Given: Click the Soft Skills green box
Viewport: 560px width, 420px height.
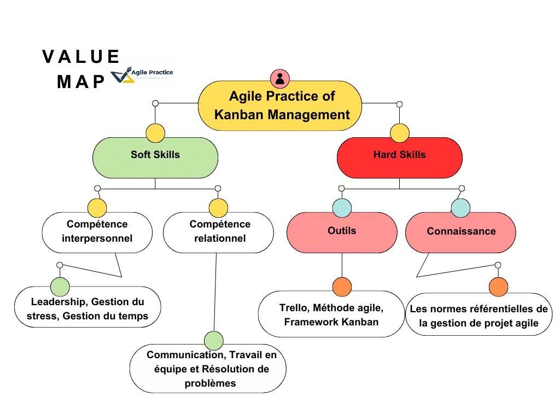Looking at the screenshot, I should click(155, 157).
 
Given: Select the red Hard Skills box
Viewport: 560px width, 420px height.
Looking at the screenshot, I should click(399, 157).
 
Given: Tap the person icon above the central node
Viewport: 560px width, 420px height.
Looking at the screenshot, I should click(280, 78).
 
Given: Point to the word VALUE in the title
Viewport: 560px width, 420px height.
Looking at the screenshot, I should click(81, 56).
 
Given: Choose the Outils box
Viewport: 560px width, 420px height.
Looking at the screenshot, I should click(342, 232).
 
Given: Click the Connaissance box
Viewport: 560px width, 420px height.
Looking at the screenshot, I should click(461, 232).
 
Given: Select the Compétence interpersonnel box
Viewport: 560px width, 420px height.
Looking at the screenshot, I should click(97, 232).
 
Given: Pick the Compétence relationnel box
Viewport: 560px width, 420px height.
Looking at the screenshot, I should click(219, 232).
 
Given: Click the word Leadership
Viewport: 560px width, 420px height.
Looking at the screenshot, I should click(58, 301).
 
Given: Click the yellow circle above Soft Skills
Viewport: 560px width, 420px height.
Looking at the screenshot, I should click(155, 133).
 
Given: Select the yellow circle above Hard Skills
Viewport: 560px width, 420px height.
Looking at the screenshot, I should click(399, 133).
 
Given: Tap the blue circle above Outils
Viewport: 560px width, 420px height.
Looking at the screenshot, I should click(342, 208).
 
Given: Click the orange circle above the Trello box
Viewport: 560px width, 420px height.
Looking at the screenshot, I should click(342, 287).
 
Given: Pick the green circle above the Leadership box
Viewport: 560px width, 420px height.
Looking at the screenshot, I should click(60, 287).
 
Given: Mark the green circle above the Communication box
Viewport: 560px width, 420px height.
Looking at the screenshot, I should click(214, 340).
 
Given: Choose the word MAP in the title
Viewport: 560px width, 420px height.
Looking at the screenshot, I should click(81, 81).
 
